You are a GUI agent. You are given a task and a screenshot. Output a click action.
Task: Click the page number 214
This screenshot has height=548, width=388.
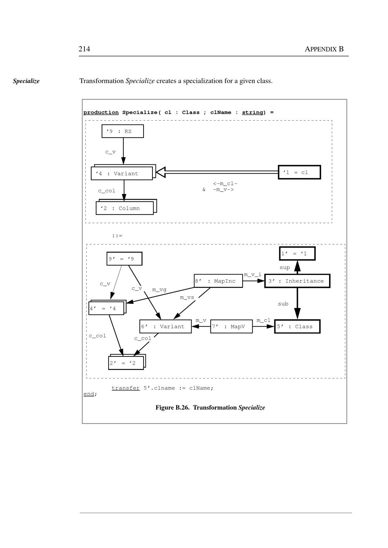84,49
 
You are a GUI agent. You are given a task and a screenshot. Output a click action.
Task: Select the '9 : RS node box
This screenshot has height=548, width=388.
123,131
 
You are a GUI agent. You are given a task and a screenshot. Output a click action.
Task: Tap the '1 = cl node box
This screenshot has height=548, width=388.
299,172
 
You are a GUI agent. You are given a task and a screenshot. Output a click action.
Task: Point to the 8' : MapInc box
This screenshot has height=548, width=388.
218,281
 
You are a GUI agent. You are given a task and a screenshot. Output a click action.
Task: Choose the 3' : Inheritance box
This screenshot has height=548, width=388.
297,281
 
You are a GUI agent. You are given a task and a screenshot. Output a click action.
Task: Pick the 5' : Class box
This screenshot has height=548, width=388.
297,327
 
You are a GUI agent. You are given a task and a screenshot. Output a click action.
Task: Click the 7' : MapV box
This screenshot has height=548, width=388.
231,327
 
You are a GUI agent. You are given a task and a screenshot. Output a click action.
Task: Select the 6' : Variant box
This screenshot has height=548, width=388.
165,327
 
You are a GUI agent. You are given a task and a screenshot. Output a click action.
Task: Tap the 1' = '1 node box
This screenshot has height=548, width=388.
297,254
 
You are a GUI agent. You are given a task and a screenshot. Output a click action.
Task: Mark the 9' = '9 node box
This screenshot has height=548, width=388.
124,259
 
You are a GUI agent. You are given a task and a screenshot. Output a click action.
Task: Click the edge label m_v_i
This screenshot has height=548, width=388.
253,275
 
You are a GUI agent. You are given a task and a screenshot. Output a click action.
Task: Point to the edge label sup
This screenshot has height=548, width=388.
285,268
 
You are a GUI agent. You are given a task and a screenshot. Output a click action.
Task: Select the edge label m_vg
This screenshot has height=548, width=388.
159,289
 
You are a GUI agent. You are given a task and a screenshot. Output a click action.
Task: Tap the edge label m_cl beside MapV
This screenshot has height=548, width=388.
263,320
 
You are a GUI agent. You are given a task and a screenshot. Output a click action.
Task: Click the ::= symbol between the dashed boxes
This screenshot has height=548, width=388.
117,235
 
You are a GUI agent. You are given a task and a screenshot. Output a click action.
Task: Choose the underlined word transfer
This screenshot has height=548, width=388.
125,388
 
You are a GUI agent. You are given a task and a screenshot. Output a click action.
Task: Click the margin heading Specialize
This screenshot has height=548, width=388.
26,81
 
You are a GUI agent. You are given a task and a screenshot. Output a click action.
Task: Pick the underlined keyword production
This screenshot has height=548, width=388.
101,112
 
